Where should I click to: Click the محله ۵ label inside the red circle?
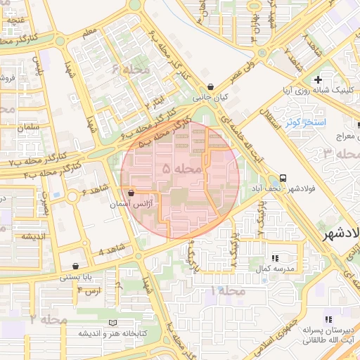coord(181,169)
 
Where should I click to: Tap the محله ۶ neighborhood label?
coord(129,69)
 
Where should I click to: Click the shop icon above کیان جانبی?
coord(210,87)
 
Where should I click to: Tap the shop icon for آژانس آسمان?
coord(131,193)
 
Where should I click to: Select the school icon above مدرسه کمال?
coord(275,258)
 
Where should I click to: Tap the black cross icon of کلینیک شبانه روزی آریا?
coord(319,79)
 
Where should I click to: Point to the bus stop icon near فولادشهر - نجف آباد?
coord(283,177)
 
